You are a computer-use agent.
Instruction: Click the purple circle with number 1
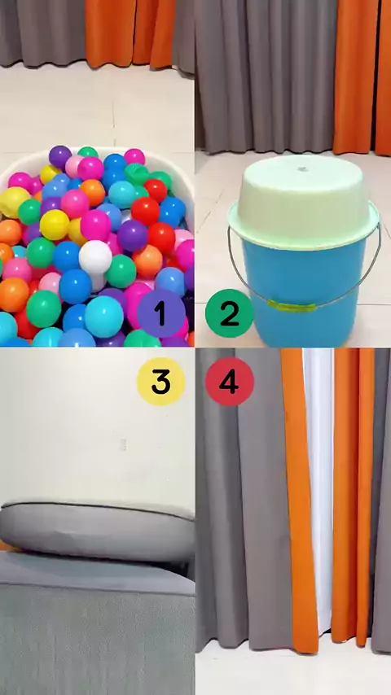click(x=160, y=313)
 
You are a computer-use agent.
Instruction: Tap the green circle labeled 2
click(x=229, y=313)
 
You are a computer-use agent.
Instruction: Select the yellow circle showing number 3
click(x=160, y=381)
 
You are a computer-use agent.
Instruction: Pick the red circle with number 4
click(x=229, y=381)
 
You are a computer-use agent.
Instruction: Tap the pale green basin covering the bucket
click(x=304, y=199)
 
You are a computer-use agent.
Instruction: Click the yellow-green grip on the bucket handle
click(x=291, y=306)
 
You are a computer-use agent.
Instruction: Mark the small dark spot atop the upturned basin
click(x=304, y=168)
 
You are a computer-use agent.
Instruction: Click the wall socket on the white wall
click(x=123, y=444)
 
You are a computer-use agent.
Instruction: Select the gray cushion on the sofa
click(x=97, y=531)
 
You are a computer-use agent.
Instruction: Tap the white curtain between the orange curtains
click(x=319, y=487)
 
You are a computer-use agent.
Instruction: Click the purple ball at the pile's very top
click(x=60, y=156)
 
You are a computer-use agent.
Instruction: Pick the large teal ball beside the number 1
click(x=103, y=316)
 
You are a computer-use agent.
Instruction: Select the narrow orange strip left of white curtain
click(x=300, y=500)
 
